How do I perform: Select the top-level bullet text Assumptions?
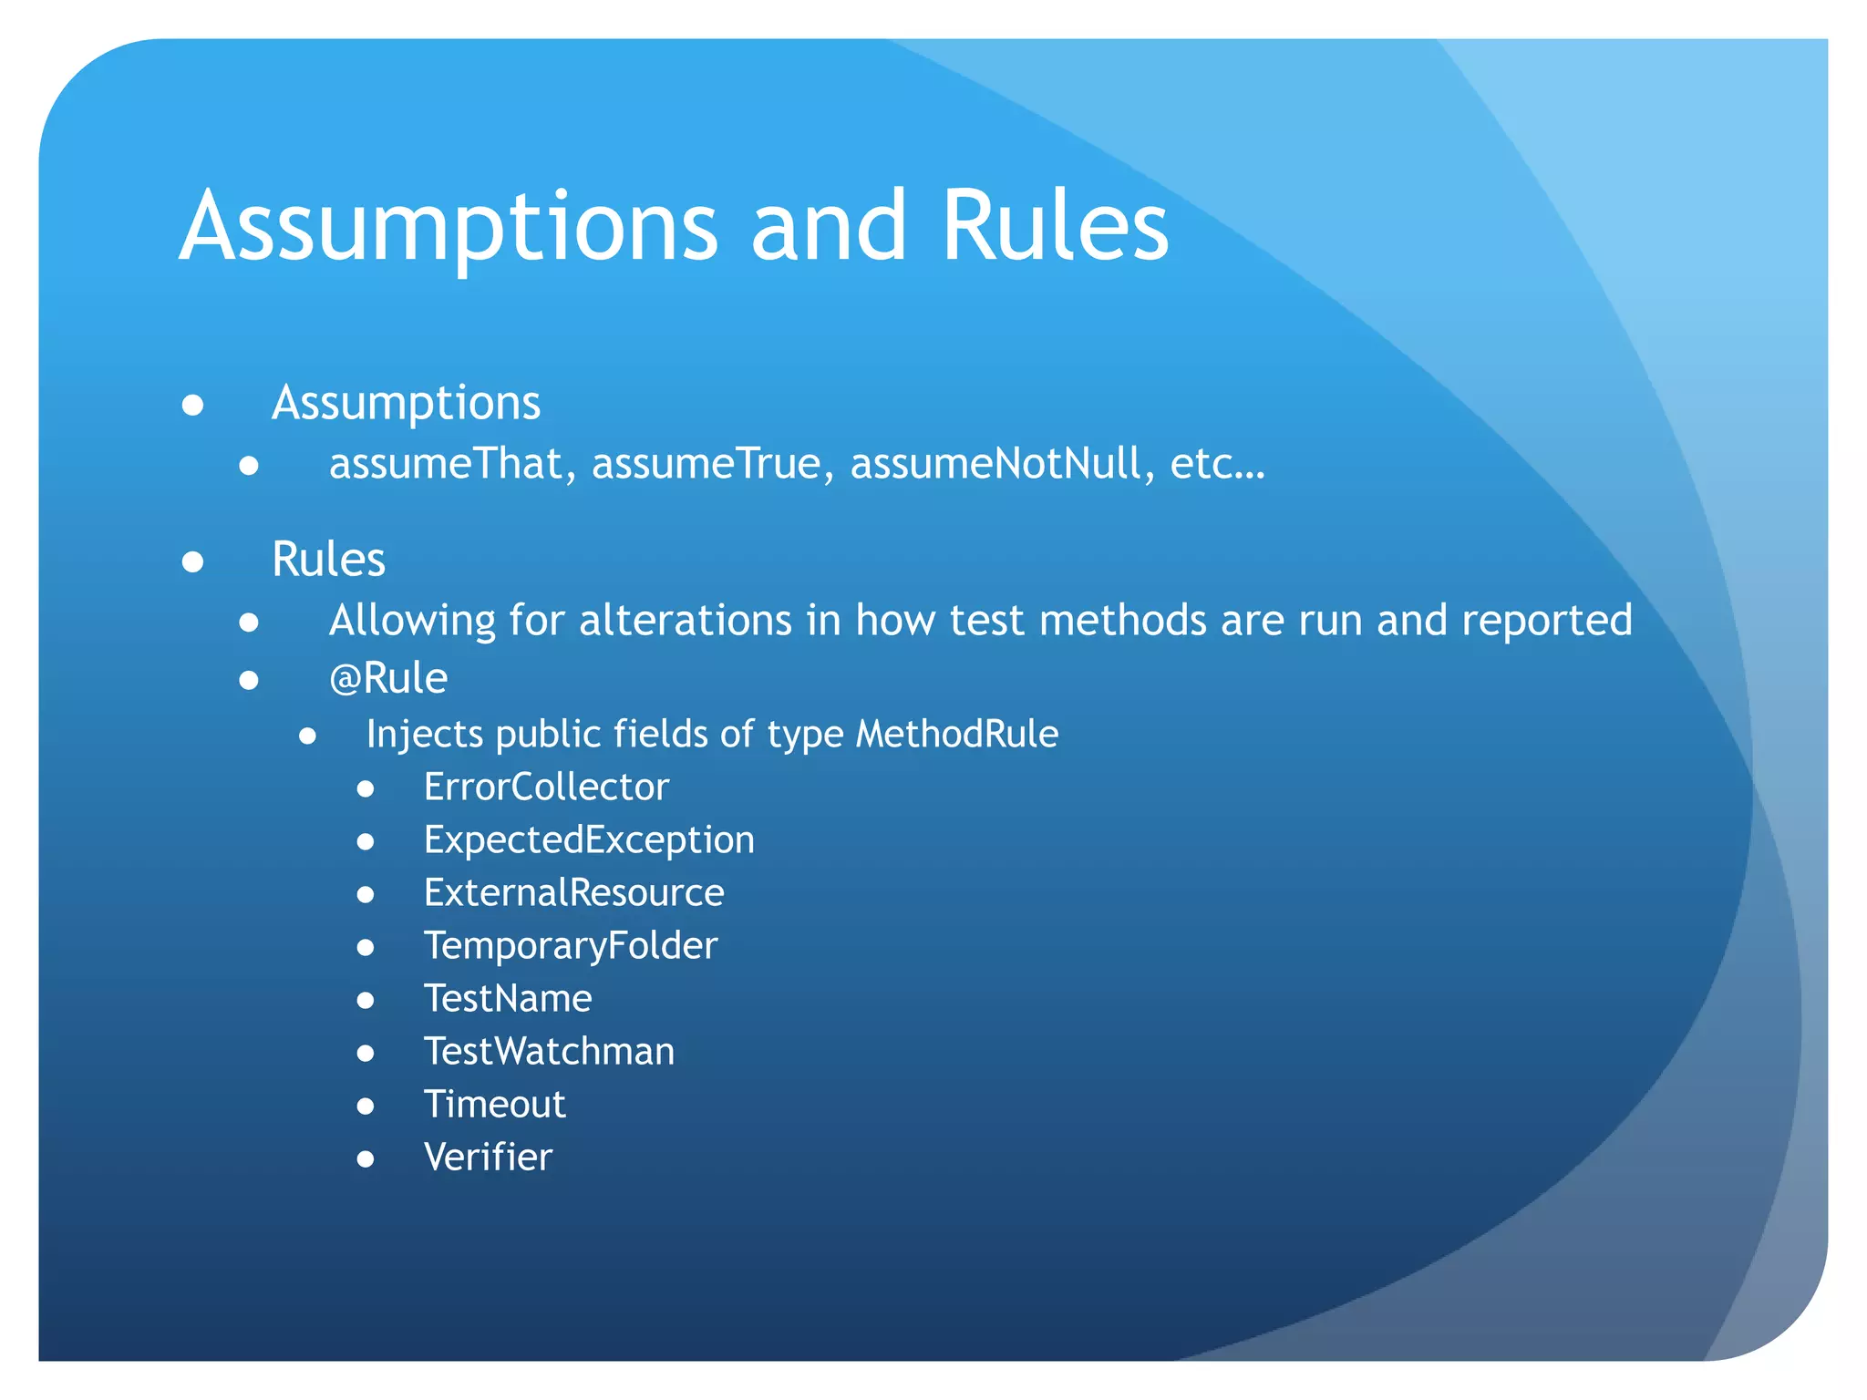406,403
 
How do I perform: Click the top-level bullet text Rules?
328,559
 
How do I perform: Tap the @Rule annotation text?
388,678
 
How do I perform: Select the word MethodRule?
957,734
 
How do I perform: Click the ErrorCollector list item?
546,787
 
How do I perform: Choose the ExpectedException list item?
589,840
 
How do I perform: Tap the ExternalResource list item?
573,893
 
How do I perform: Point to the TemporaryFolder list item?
571,946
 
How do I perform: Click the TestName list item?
508,999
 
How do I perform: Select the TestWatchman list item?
549,1052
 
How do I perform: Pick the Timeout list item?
495,1105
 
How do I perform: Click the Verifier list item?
488,1158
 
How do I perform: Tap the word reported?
1547,621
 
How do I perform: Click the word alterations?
686,621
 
